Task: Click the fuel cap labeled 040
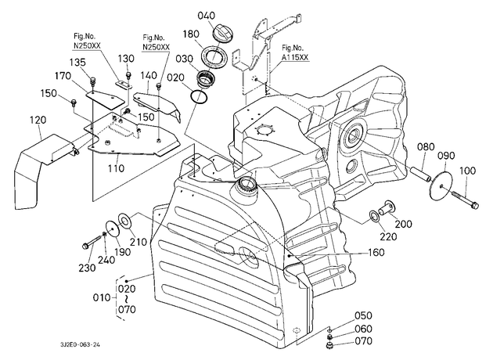[222, 32]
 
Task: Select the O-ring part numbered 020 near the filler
[199, 97]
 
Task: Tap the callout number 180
[191, 34]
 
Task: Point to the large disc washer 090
[441, 182]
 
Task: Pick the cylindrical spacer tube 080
[420, 175]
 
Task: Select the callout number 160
[376, 252]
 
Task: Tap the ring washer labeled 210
[126, 221]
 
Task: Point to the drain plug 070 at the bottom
[329, 347]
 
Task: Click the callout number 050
[363, 315]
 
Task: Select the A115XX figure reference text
[296, 58]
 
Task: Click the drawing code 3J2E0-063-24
[80, 344]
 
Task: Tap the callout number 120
[38, 120]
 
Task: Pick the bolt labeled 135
[93, 81]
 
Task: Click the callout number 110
[116, 168]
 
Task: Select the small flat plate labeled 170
[106, 99]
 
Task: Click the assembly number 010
[102, 297]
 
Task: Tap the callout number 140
[149, 75]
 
